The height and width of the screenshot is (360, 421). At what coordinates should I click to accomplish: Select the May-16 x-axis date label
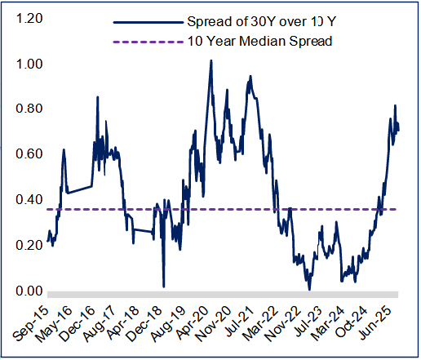click(60, 323)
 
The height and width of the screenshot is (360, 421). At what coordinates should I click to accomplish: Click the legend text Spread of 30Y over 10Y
click(259, 21)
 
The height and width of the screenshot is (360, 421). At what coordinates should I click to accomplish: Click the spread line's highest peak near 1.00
click(211, 60)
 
